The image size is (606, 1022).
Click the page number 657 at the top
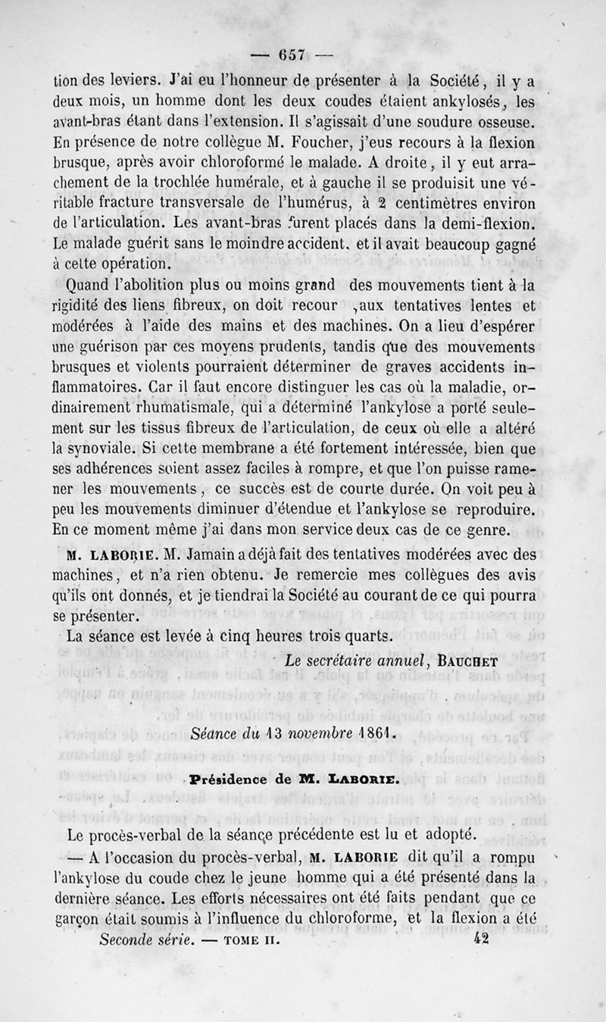pos(290,55)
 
